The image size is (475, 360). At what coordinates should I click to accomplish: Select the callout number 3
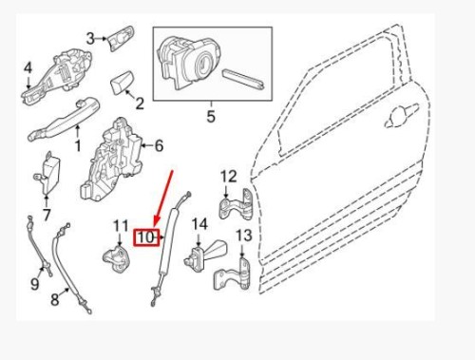(x=91, y=39)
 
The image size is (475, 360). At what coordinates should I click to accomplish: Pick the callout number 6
(x=159, y=145)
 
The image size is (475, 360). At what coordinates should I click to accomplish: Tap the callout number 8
(x=54, y=299)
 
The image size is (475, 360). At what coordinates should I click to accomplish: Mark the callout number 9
(x=34, y=283)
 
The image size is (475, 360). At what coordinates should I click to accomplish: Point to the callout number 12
(x=228, y=176)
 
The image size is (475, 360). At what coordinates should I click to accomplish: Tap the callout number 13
(x=243, y=236)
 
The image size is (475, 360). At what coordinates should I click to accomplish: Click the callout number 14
(x=199, y=224)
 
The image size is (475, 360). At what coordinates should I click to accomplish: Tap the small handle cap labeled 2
(x=121, y=83)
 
